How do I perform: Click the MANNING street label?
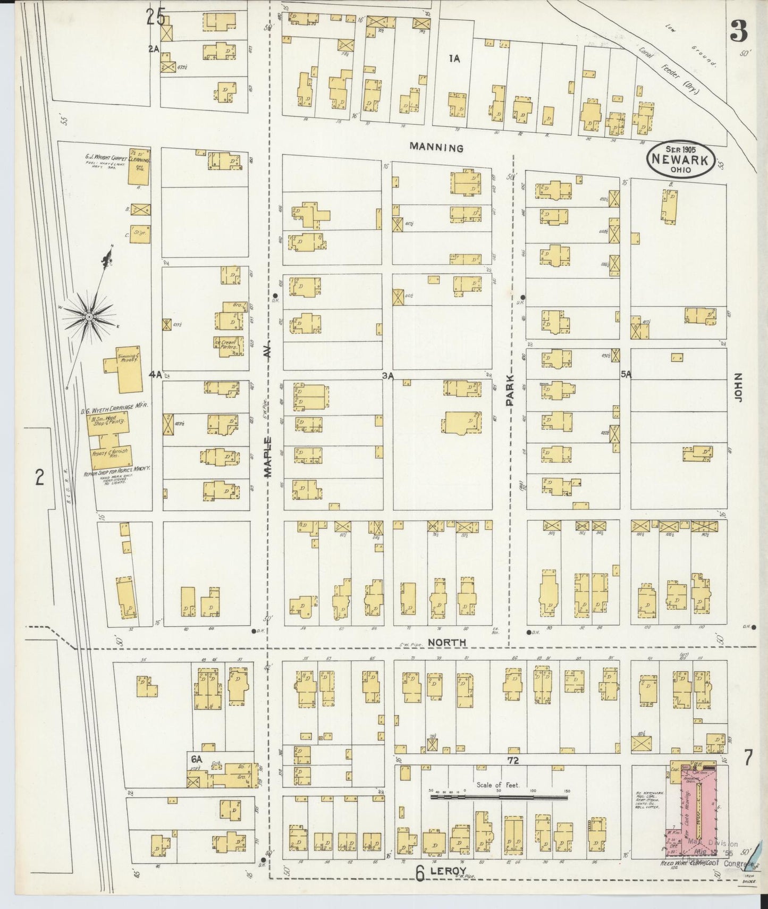(437, 148)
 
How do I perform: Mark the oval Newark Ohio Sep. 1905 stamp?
(681, 158)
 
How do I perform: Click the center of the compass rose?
(89, 317)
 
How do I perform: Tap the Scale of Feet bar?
(500, 797)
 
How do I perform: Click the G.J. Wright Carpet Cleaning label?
(117, 158)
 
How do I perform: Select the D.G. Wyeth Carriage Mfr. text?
(114, 405)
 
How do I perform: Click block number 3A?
(387, 375)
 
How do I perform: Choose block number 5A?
(626, 374)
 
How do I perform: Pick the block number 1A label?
(453, 59)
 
